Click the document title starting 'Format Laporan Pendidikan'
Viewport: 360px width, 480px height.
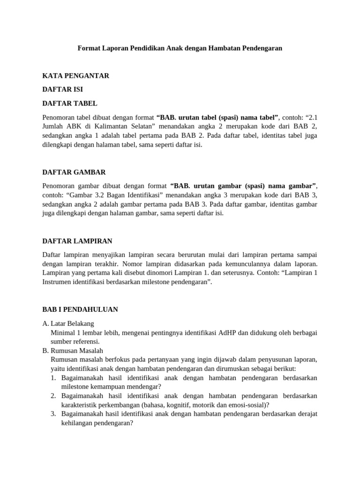click(x=180, y=48)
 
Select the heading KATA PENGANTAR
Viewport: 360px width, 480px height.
click(x=75, y=75)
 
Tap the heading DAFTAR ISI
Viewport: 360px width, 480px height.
click(x=63, y=89)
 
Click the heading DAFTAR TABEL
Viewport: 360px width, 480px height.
click(x=70, y=103)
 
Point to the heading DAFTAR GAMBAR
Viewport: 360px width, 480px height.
click(x=74, y=172)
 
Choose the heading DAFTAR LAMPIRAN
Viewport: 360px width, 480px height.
click(x=77, y=241)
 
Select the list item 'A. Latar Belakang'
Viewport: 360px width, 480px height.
click(x=68, y=323)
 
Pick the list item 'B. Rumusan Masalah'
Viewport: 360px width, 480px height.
click(x=73, y=351)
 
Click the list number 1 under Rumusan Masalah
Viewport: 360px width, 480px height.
click(x=53, y=378)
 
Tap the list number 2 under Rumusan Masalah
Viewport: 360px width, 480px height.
click(x=53, y=396)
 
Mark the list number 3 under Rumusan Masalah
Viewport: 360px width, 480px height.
click(x=53, y=413)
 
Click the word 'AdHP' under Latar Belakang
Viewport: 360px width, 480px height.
click(x=228, y=333)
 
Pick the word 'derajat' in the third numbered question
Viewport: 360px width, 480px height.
click(x=307, y=413)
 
